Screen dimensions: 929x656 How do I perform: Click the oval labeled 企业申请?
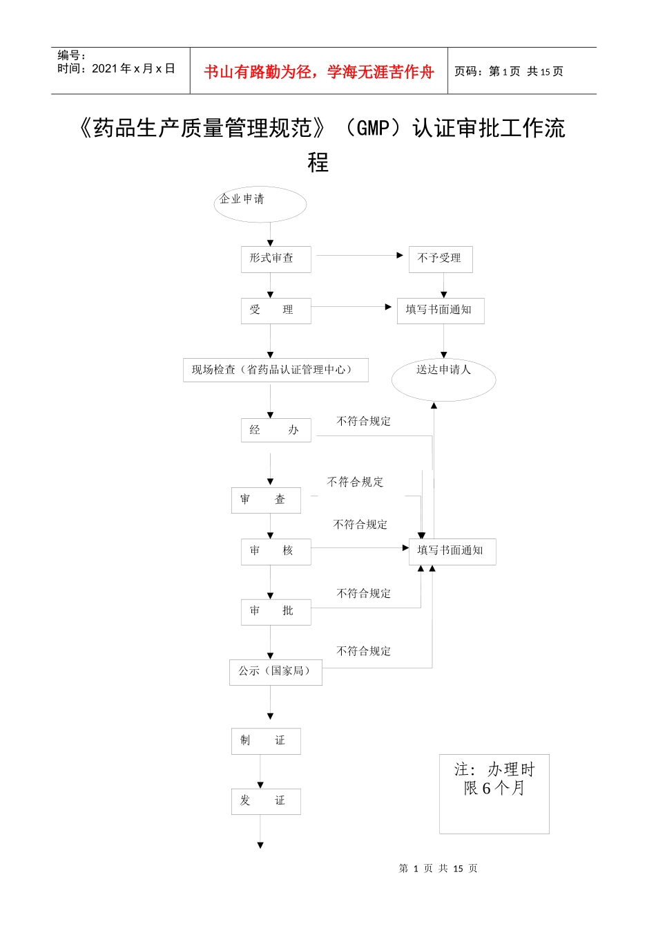pos(260,204)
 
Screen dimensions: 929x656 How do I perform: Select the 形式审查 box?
pos(276,259)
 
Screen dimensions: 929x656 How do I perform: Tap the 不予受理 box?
pos(441,259)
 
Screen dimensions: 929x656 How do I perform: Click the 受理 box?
pos(276,310)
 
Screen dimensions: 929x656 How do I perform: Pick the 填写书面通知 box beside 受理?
pos(441,310)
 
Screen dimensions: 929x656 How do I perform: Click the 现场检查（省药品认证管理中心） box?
pos(276,370)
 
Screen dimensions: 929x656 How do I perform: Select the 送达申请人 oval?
pos(443,379)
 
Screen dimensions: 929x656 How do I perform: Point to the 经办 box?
pos(276,430)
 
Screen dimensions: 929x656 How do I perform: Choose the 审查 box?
pos(266,500)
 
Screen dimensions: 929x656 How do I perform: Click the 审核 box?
pos(276,552)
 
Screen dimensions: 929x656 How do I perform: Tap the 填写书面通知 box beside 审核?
pos(452,552)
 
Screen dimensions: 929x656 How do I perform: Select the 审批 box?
pos(276,612)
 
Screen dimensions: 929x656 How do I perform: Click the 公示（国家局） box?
pos(276,672)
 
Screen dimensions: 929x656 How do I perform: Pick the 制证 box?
pos(266,741)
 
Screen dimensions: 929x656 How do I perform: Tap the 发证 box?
pos(266,801)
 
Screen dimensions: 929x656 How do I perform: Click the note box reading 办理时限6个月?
pos(494,793)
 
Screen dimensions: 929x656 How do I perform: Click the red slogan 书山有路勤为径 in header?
pos(319,72)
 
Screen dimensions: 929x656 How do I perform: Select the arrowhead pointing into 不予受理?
pos(400,256)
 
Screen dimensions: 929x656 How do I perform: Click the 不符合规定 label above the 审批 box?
pos(363,594)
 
